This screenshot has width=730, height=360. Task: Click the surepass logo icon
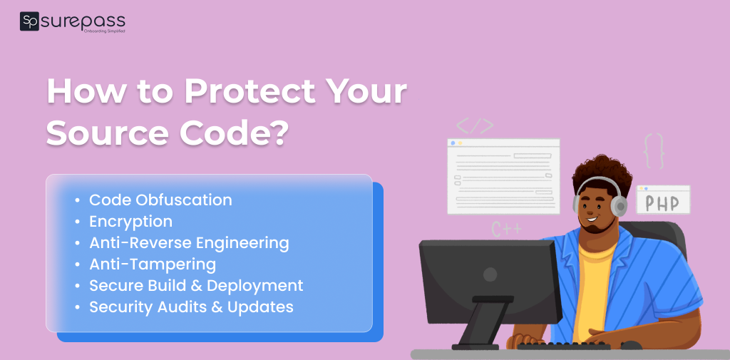pyautogui.click(x=29, y=21)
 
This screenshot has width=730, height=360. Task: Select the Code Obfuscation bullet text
pyautogui.click(x=160, y=200)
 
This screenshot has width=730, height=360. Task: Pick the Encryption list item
pyautogui.click(x=130, y=222)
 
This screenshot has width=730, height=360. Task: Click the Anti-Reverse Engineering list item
pyautogui.click(x=189, y=243)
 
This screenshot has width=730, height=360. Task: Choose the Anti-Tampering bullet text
pyautogui.click(x=153, y=264)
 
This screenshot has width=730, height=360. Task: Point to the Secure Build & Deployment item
pyautogui.click(x=196, y=286)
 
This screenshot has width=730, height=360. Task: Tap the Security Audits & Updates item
pyautogui.click(x=191, y=307)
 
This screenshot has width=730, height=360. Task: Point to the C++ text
pyautogui.click(x=507, y=229)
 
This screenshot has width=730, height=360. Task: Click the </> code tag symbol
pyautogui.click(x=475, y=126)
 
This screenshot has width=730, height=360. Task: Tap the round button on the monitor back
pyautogui.click(x=490, y=274)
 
